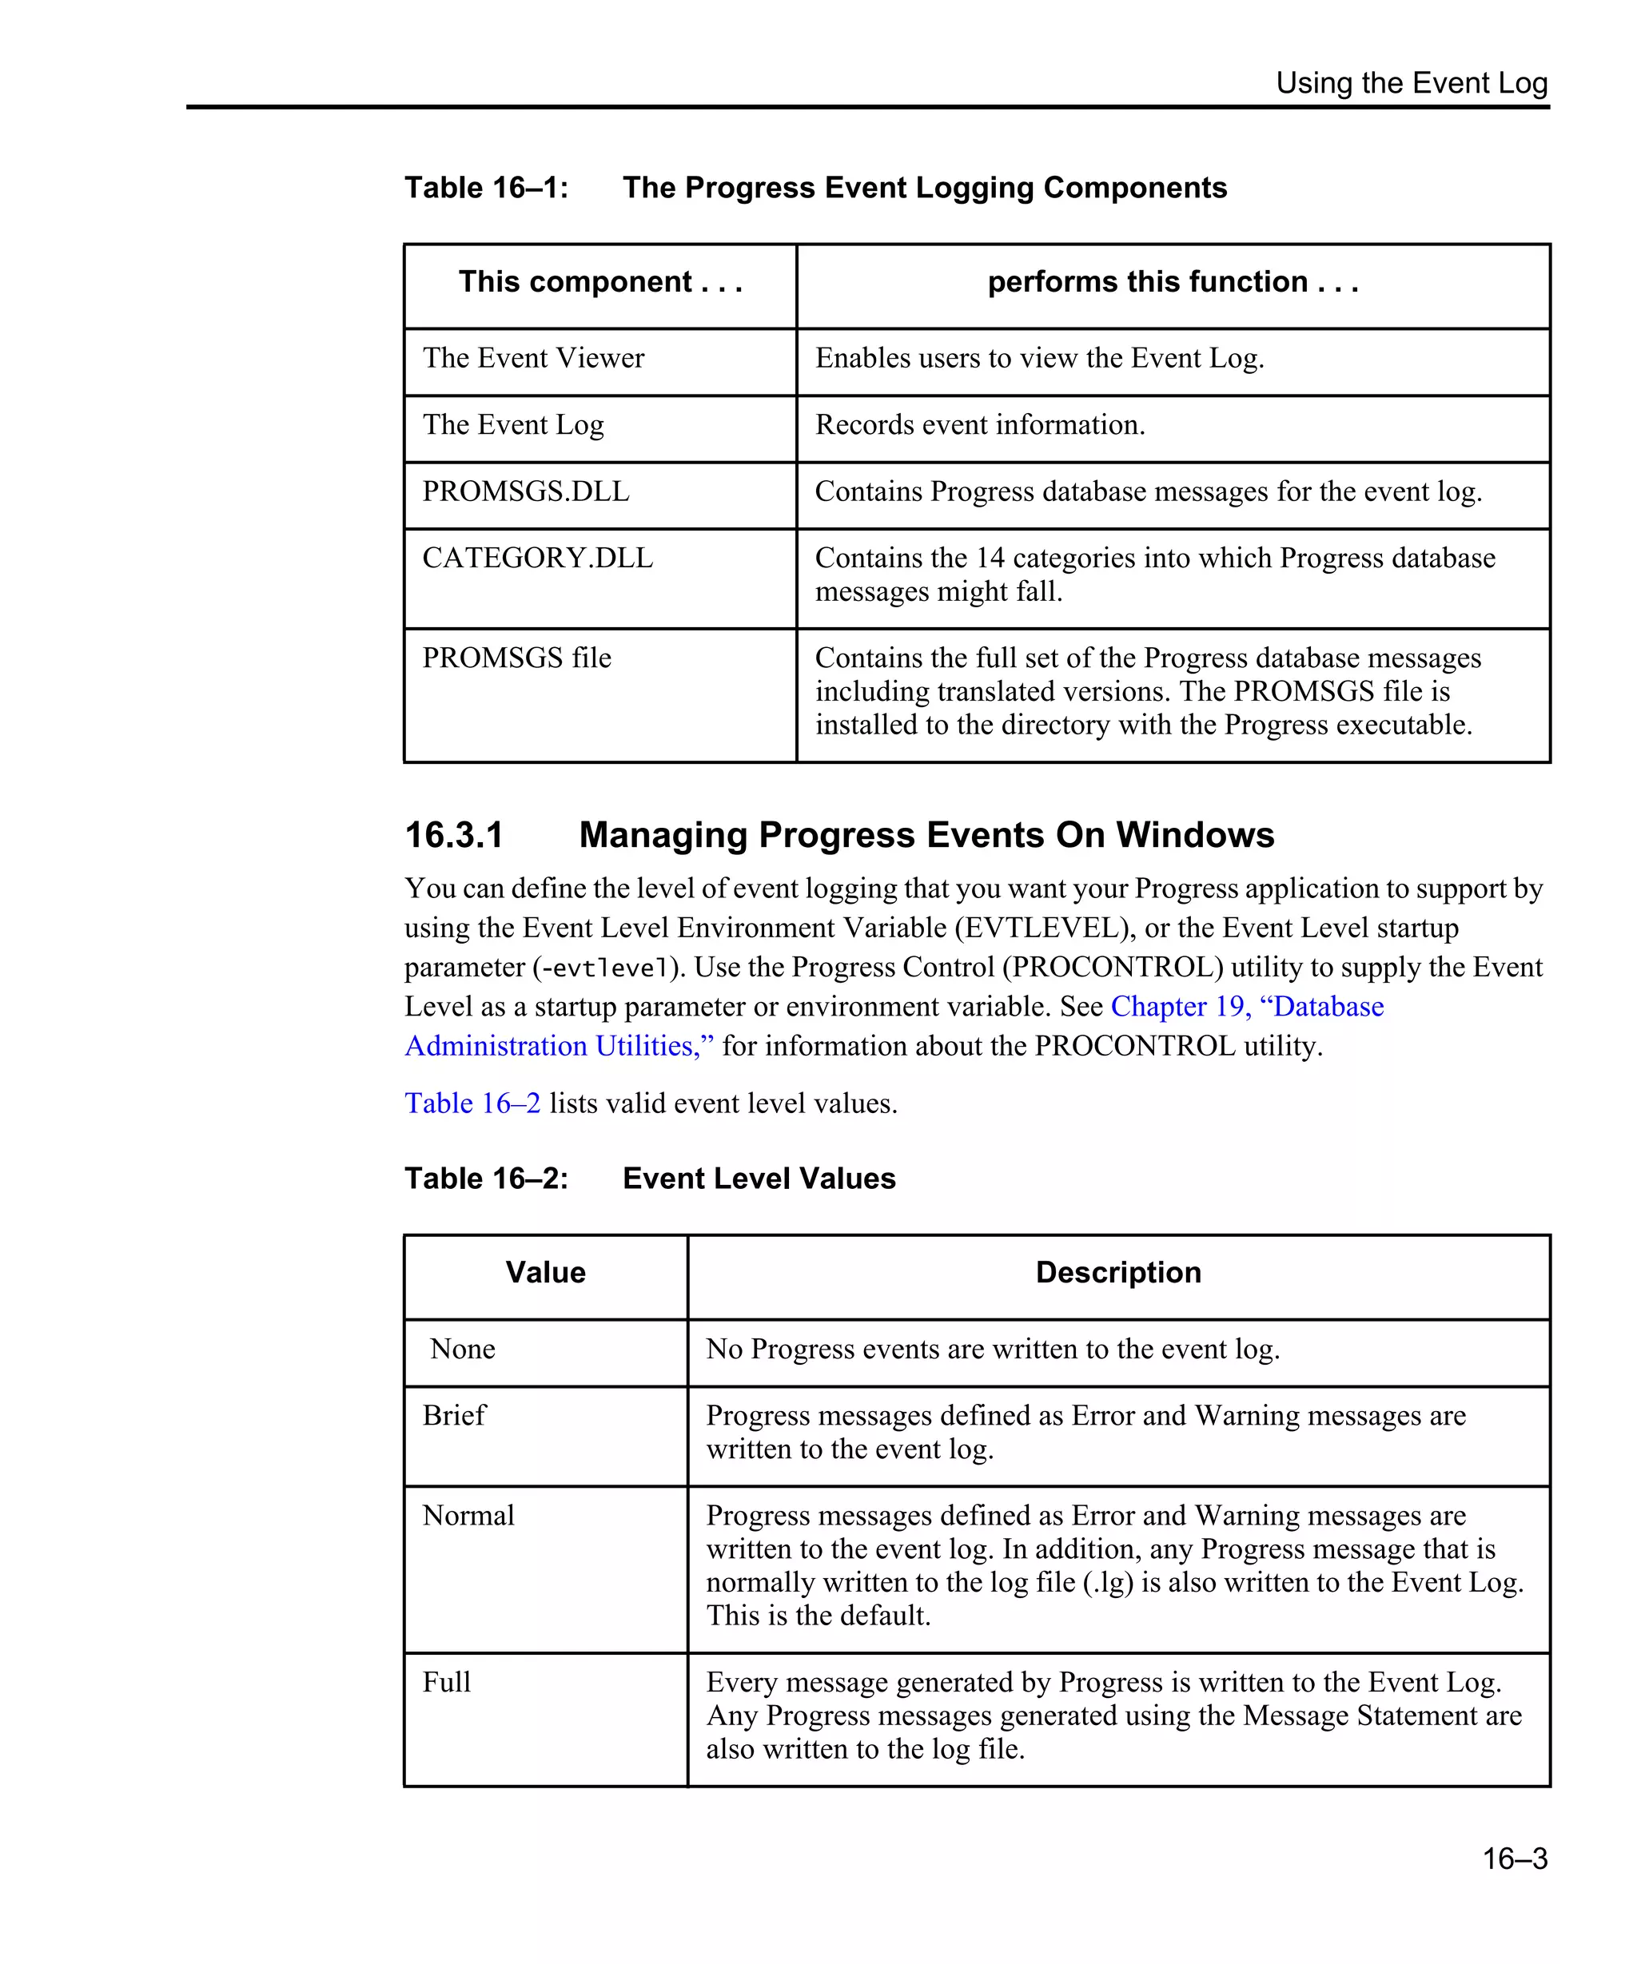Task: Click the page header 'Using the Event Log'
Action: (1411, 83)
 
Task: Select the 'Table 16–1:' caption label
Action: (485, 188)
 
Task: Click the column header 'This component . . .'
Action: (599, 282)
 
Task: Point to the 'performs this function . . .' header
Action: (1172, 282)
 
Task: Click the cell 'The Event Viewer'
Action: (533, 358)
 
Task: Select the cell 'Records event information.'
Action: (979, 426)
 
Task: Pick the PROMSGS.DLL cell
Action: (526, 492)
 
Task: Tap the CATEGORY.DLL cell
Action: (538, 559)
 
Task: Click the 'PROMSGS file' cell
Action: (516, 658)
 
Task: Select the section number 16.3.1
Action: (454, 835)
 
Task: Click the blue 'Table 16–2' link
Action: (472, 1103)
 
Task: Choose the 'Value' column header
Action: (545, 1273)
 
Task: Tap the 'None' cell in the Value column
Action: (462, 1350)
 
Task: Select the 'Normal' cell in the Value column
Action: (468, 1515)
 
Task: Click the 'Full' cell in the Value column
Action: (446, 1683)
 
